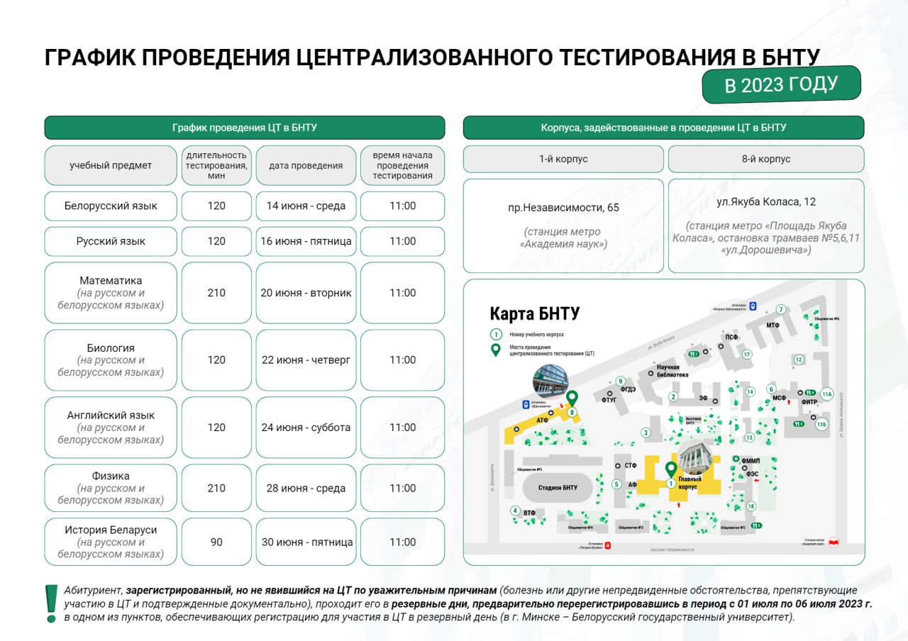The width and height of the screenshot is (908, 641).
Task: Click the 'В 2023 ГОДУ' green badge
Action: pos(781,84)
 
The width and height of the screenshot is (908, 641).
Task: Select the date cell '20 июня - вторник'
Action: pos(306,293)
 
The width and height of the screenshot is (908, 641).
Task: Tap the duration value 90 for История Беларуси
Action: pos(216,542)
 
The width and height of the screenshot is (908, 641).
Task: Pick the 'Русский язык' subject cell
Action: pos(111,241)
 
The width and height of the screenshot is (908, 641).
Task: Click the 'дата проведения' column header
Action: pos(306,165)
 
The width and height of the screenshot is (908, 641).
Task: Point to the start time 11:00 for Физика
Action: pos(402,488)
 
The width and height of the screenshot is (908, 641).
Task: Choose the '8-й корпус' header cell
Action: pos(765,159)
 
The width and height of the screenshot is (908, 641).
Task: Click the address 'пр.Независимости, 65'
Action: pos(563,208)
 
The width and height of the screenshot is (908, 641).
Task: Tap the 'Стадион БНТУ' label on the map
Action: pos(557,487)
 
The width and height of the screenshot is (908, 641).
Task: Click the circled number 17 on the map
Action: pos(746,355)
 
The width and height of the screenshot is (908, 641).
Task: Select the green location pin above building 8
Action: pos(570,398)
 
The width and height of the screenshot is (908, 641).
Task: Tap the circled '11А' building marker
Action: pos(826,394)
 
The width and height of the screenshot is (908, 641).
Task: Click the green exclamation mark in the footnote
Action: pos(51,603)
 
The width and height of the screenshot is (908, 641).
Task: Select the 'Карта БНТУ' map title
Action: pos(535,313)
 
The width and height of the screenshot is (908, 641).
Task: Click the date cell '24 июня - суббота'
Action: pos(306,428)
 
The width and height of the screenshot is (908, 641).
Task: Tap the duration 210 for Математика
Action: pos(216,293)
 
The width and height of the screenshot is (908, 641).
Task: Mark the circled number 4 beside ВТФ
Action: pos(515,511)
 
